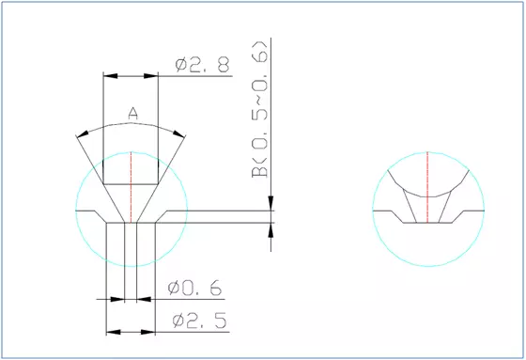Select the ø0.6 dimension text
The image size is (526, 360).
[196, 289]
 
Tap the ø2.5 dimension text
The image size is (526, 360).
[200, 321]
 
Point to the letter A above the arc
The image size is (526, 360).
[132, 114]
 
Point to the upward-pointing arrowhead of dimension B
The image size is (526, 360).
[273, 230]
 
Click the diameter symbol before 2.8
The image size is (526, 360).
[181, 65]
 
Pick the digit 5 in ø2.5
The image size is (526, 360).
[220, 321]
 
